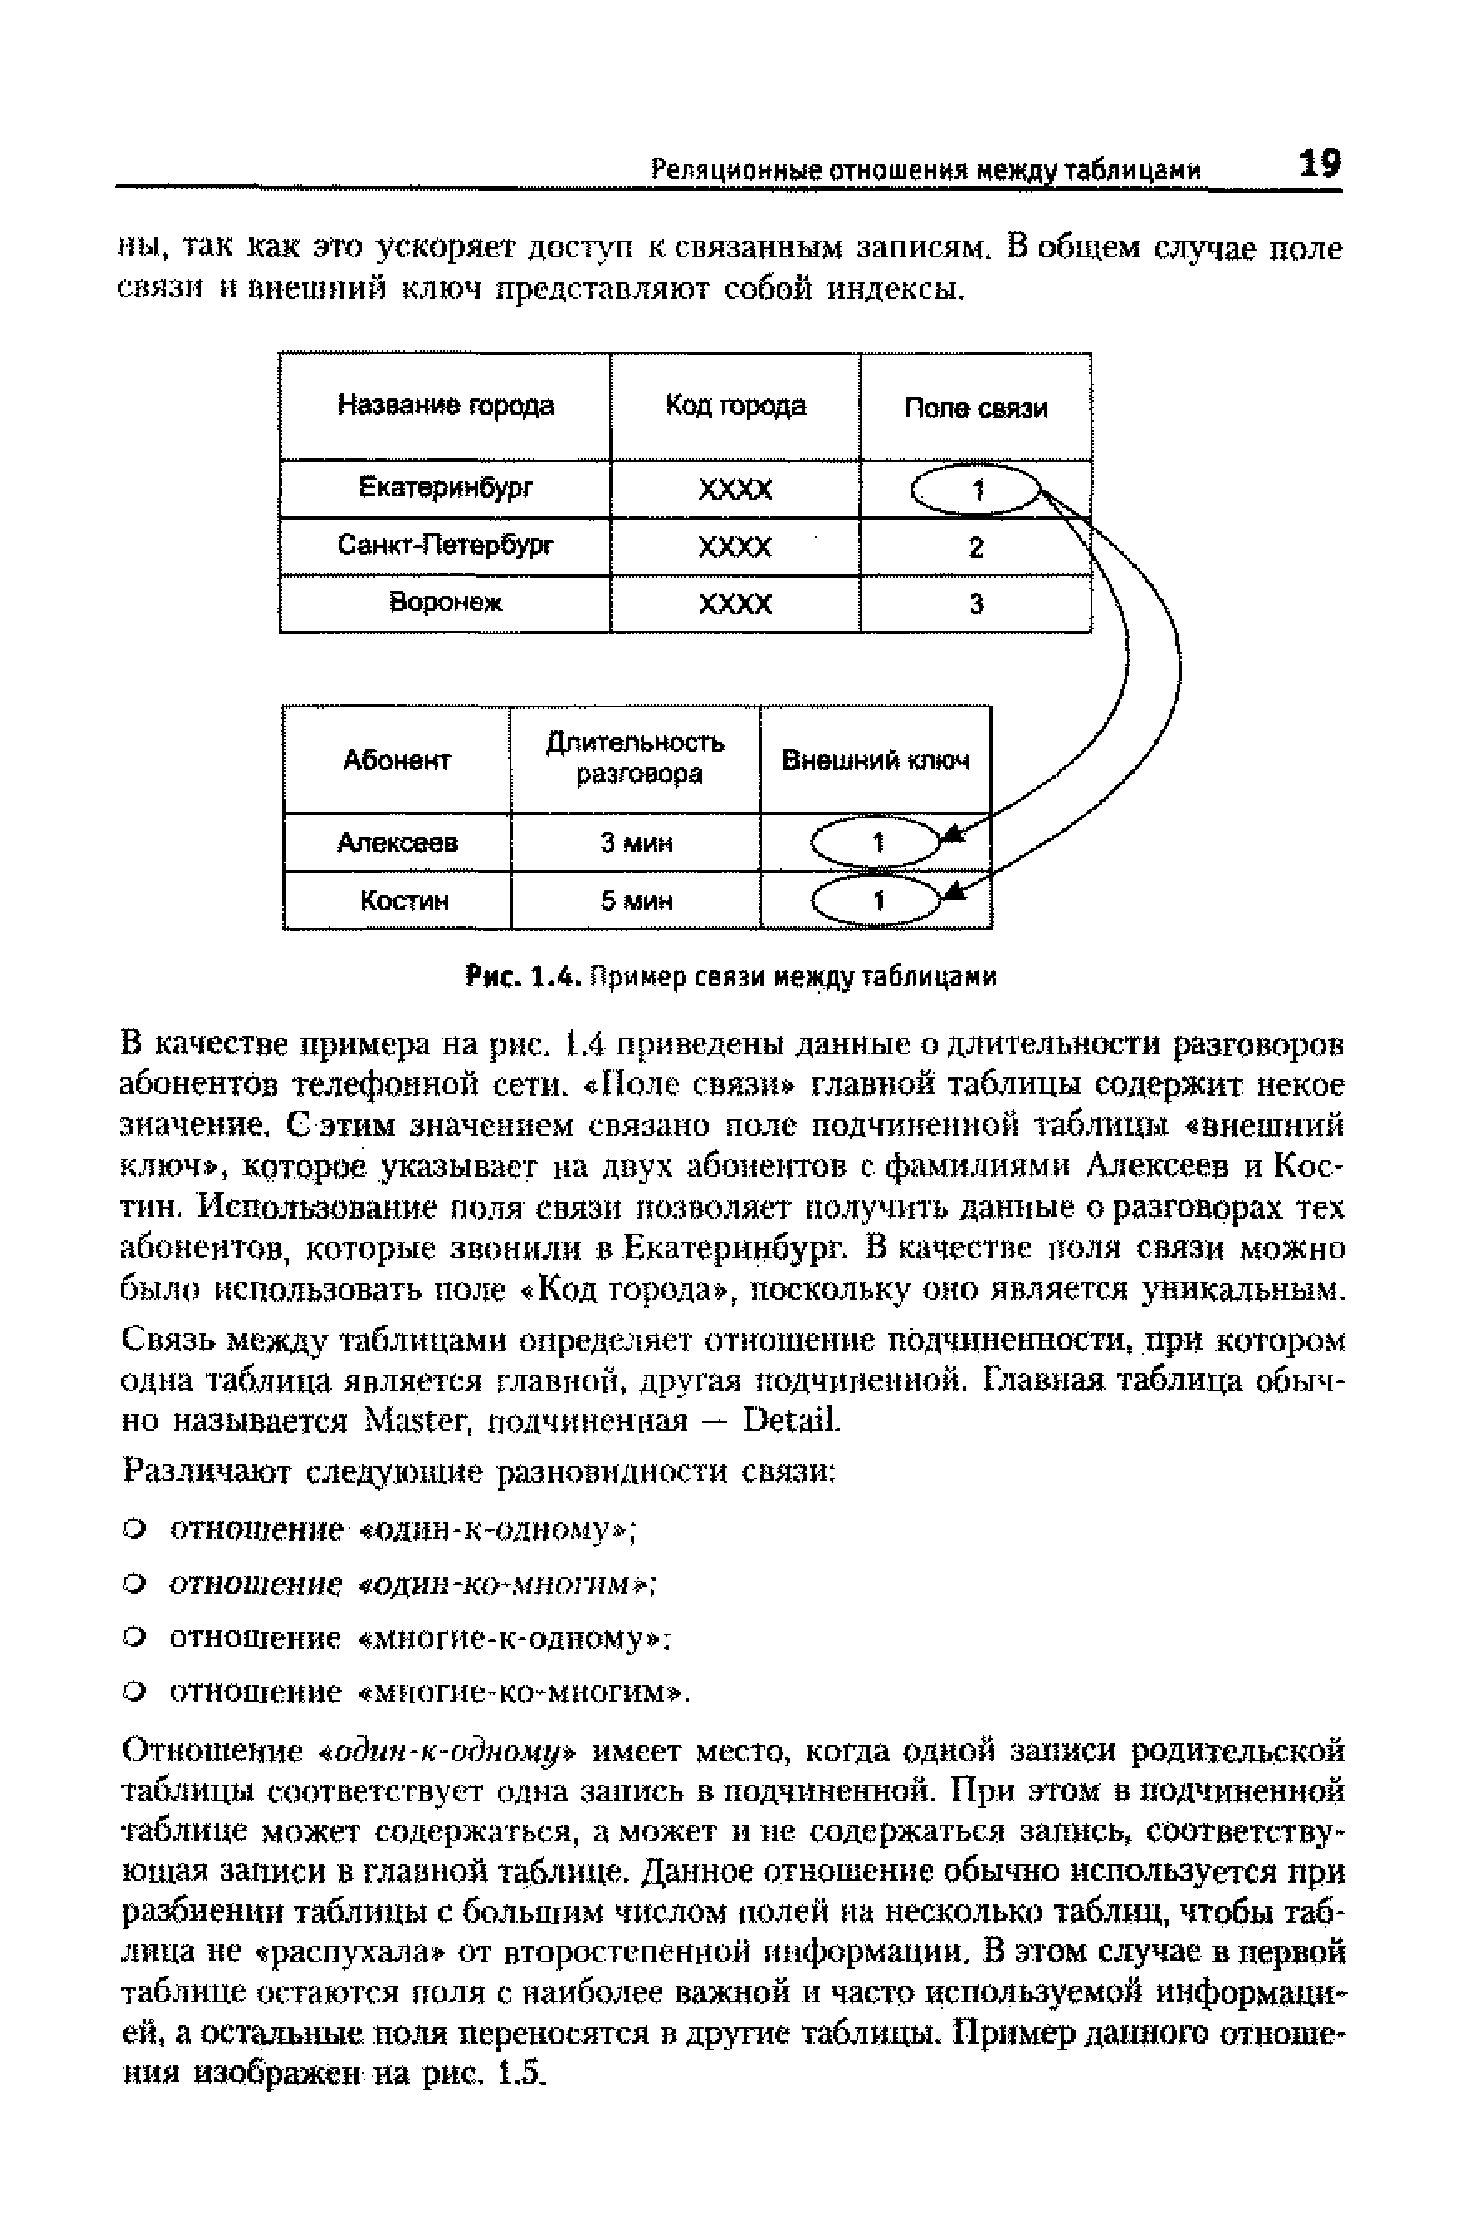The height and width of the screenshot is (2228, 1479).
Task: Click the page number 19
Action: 1319,164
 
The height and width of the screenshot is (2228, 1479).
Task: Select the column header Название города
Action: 445,407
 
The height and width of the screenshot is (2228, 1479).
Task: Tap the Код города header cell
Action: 735,407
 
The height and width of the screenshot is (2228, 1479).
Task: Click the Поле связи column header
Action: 975,408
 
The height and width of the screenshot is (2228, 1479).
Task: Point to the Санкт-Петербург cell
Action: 445,546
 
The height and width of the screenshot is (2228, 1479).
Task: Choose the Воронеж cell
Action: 445,603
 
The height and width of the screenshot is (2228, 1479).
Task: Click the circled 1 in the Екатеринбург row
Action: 976,490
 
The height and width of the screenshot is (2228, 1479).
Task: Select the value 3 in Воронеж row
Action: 976,603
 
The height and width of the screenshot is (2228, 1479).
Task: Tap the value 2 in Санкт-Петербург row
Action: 976,547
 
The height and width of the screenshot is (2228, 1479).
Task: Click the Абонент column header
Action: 396,760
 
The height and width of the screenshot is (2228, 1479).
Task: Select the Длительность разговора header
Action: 636,759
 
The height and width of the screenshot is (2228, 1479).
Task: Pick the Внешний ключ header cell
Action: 876,760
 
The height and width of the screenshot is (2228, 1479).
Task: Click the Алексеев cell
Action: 397,843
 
